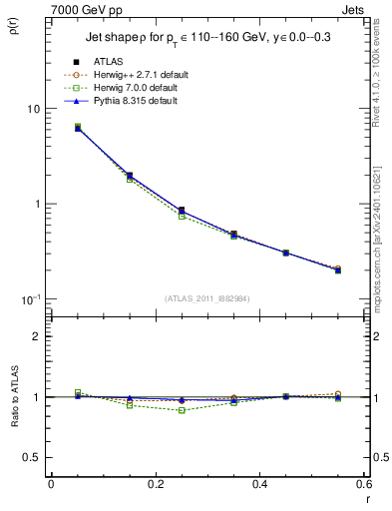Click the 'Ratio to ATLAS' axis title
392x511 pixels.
(12, 421)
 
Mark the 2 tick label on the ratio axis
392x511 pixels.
(36, 336)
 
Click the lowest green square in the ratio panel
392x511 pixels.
(181, 410)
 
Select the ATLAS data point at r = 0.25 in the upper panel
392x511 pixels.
(181, 211)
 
